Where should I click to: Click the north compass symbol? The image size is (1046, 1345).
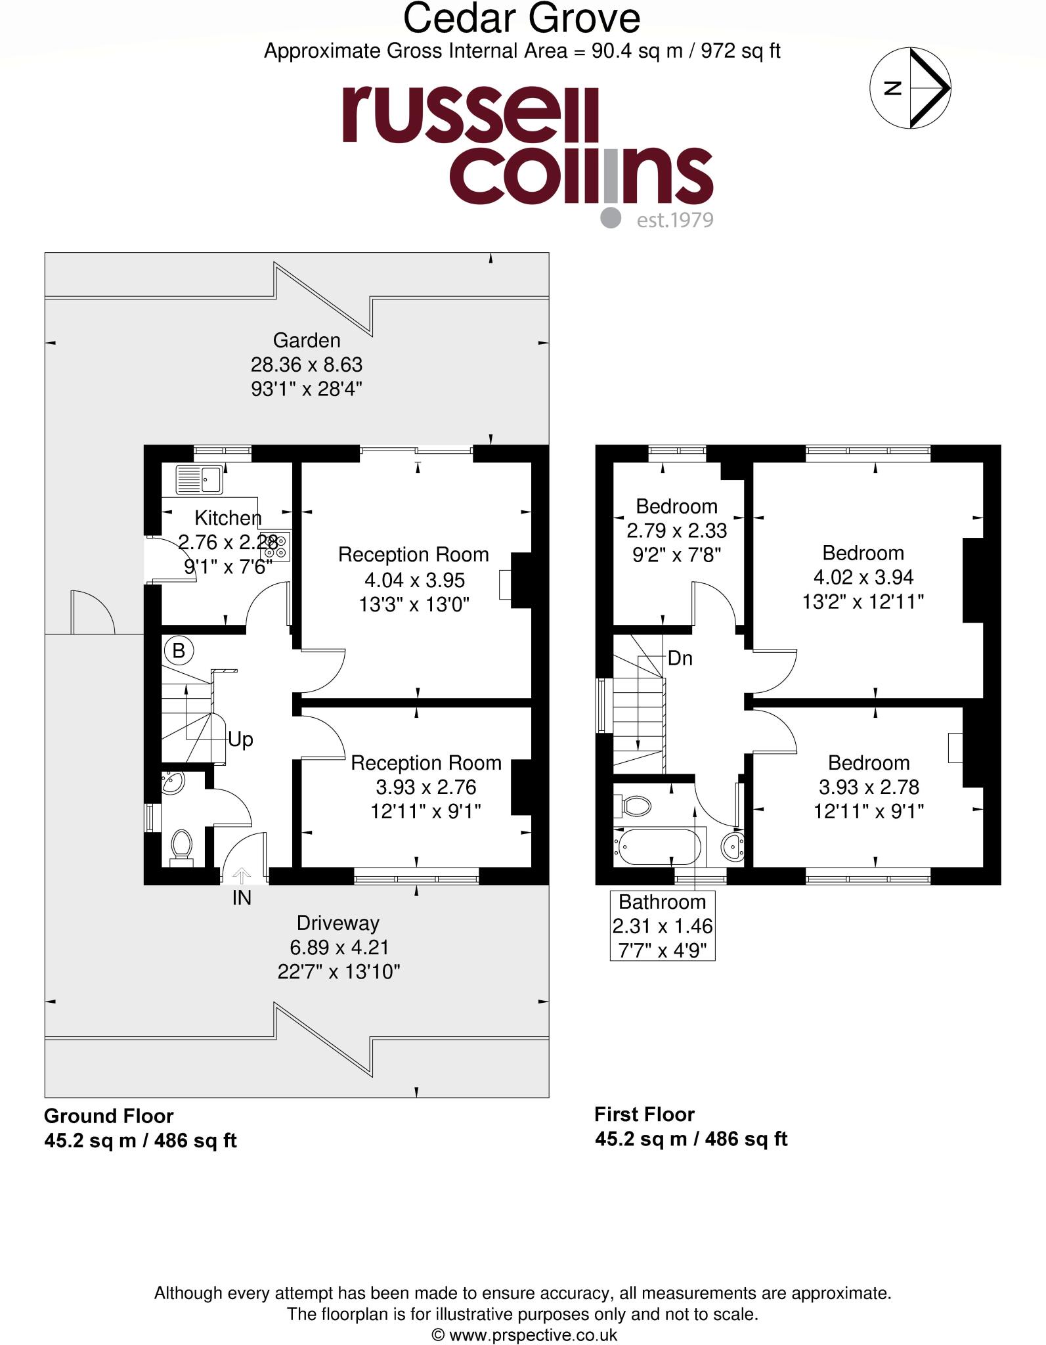pos(910,87)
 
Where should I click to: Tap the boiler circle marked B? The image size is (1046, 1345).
pos(178,651)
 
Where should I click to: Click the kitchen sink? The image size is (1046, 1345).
pos(199,479)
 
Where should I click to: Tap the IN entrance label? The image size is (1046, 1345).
pos(242,897)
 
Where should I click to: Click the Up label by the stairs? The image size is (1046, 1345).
pos(240,739)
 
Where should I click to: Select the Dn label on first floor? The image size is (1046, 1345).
pos(680,658)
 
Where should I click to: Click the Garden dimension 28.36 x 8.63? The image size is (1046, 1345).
pos(306,364)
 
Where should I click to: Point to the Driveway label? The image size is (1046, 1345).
pos(338,923)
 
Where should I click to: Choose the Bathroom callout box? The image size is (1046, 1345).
pos(662,925)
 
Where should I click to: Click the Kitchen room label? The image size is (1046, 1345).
pos(228,518)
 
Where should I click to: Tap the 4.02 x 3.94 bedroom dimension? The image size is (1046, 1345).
pos(863,577)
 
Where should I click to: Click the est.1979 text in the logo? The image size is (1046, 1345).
pos(674,219)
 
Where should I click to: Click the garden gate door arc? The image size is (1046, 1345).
pos(92,611)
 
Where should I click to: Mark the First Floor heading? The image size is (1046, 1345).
pos(644,1114)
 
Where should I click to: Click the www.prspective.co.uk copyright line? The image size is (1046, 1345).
pos(523,1334)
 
